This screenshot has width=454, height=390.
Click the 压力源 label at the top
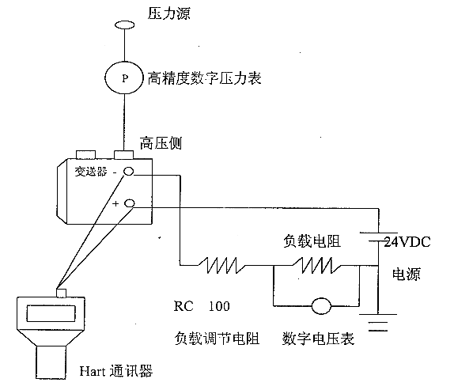tap(168, 13)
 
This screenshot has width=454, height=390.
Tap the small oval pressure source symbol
tap(124, 25)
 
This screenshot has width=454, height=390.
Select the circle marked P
tap(124, 78)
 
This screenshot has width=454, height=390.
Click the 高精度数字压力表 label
tap(204, 78)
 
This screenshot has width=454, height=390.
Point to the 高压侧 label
tap(161, 143)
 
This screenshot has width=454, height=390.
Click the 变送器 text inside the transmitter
tap(91, 172)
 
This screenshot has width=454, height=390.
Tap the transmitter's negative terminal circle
tap(129, 172)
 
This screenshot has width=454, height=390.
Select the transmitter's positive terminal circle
tap(130, 203)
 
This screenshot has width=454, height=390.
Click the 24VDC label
tap(407, 242)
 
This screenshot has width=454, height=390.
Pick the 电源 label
tap(406, 274)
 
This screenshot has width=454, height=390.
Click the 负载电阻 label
tap(312, 241)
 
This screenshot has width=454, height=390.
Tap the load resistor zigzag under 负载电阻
tap(316, 265)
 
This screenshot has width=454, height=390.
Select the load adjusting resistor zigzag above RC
tap(222, 265)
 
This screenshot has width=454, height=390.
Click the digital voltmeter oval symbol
tap(321, 305)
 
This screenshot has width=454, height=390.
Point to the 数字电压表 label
tap(318, 339)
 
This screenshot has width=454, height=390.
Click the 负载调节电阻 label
tap(217, 339)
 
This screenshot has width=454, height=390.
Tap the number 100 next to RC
tap(219, 306)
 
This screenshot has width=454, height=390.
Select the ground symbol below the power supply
tap(378, 322)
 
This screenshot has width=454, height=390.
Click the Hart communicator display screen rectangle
tap(51, 313)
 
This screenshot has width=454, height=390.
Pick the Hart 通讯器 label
tap(115, 371)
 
